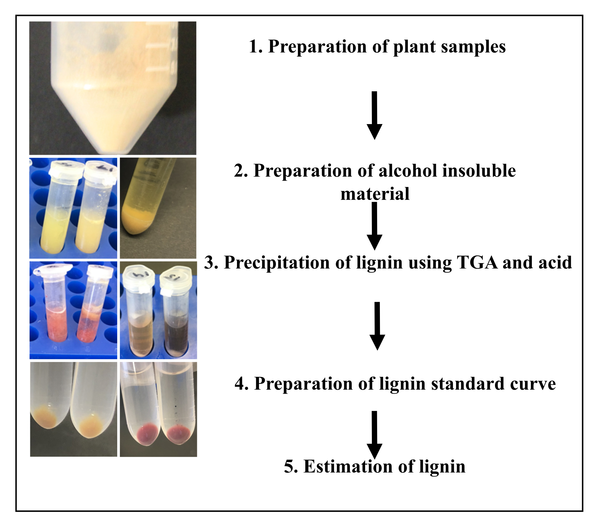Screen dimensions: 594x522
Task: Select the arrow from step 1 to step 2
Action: (374, 115)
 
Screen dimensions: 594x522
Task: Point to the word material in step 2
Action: (375, 194)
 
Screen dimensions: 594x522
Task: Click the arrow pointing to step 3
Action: (374, 226)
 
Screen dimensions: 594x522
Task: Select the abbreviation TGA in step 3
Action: (477, 263)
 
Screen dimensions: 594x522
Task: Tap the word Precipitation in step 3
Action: (277, 263)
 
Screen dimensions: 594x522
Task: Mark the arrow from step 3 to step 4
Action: (377, 326)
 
